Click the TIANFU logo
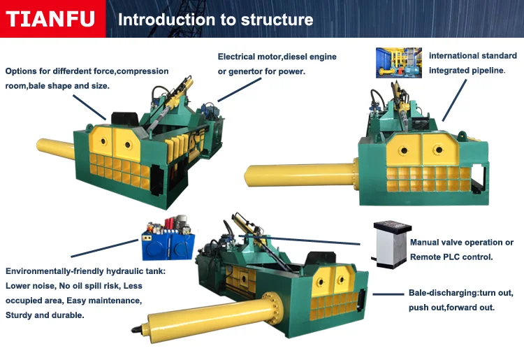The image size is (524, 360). click(x=50, y=19)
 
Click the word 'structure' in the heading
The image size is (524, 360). click(x=277, y=20)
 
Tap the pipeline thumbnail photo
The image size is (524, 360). click(x=399, y=63)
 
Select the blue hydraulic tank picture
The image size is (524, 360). click(x=168, y=238)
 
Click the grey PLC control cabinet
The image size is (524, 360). click(x=391, y=245)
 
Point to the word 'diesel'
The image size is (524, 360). click(x=296, y=57)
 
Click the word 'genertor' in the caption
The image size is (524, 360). click(x=245, y=71)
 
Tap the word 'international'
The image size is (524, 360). click(x=452, y=56)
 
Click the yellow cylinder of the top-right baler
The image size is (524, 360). click(x=300, y=175)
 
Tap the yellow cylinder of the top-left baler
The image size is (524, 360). click(x=55, y=148)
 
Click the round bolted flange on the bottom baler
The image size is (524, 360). click(x=272, y=308)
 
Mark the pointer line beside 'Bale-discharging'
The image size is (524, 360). click(x=388, y=294)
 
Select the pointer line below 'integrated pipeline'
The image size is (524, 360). click(x=454, y=100)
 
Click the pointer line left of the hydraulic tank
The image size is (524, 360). click(x=104, y=248)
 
